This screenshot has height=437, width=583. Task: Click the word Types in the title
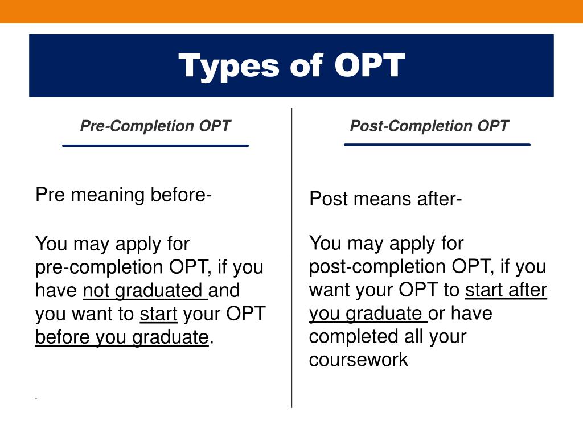pos(229,67)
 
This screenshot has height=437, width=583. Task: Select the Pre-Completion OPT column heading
pos(155,126)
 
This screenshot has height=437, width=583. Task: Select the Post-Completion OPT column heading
pos(429,126)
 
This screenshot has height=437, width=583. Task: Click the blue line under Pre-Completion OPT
pos(155,146)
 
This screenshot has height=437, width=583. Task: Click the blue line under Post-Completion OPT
pos(437,145)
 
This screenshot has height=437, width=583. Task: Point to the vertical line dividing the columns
pos(291,258)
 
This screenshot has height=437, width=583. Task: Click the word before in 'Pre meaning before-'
pos(178,195)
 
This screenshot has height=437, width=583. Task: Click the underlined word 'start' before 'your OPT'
pos(158,314)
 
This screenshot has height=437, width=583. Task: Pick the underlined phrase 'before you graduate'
pos(122,337)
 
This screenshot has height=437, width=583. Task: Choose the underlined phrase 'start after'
pos(506,290)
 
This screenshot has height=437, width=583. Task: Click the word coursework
pos(359,360)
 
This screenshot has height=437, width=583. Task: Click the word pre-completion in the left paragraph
pos(100,267)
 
